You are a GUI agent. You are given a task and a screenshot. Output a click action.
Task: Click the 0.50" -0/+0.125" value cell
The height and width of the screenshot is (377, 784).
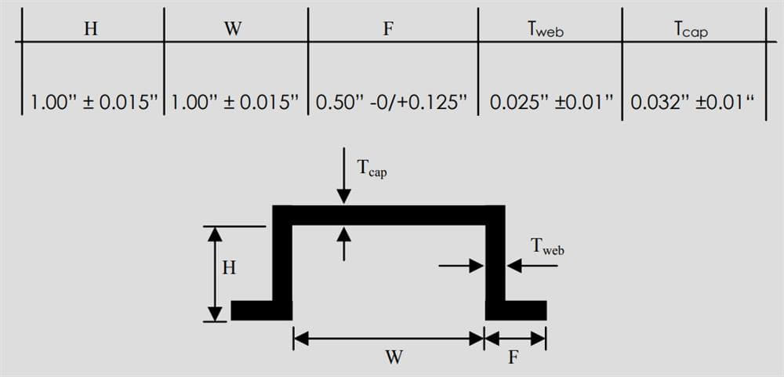coord(391,103)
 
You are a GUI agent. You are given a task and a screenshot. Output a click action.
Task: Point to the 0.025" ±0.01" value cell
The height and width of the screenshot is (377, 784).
coord(551,103)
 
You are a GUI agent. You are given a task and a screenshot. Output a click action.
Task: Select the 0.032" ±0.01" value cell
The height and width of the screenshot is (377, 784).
coord(692,103)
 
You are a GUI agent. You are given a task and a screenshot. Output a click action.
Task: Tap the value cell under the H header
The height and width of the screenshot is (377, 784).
coord(95,103)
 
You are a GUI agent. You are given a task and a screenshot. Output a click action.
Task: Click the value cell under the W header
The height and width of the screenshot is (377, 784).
coord(235,103)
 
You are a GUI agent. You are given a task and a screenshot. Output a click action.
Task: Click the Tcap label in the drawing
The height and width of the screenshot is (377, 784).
coord(372,169)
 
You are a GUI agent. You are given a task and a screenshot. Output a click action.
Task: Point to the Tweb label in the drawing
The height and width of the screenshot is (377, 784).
coord(547,246)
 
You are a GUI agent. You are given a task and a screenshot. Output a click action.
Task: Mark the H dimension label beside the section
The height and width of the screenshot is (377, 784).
coord(229,269)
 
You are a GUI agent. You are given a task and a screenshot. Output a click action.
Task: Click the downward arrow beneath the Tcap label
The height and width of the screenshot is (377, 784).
coord(343,176)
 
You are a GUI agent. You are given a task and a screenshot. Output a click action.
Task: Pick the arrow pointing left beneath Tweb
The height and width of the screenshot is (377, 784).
coord(532,266)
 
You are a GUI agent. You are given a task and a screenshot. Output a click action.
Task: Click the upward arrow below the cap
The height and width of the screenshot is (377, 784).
coord(343,244)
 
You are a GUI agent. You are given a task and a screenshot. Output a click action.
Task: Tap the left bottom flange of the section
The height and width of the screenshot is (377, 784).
coord(262,310)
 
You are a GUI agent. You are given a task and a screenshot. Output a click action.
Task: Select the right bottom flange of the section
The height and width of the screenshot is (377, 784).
coord(516,310)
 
